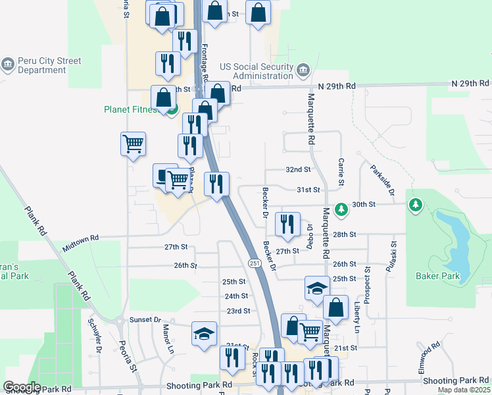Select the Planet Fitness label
click(x=132, y=109)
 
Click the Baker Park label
click(x=439, y=276)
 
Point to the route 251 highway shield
click(x=254, y=263)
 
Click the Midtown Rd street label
click(x=80, y=242)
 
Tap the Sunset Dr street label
click(x=145, y=319)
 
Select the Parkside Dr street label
click(x=381, y=180)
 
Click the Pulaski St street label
click(x=393, y=252)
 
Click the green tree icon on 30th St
click(x=341, y=209)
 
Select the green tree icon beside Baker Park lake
click(x=415, y=205)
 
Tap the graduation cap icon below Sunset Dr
click(x=204, y=333)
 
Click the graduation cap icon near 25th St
click(x=317, y=288)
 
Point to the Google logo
click(x=22, y=387)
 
